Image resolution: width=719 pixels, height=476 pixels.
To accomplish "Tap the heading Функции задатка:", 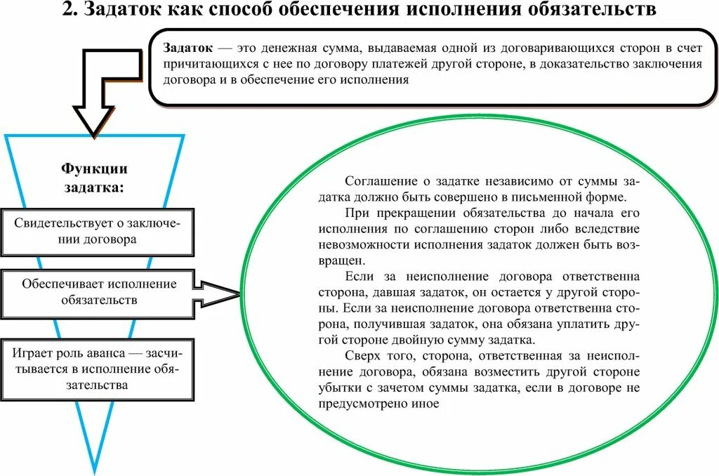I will [95, 178].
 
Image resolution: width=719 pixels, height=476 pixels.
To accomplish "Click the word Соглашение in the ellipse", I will [380, 180].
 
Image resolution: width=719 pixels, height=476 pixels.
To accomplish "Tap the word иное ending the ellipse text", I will [426, 404].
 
